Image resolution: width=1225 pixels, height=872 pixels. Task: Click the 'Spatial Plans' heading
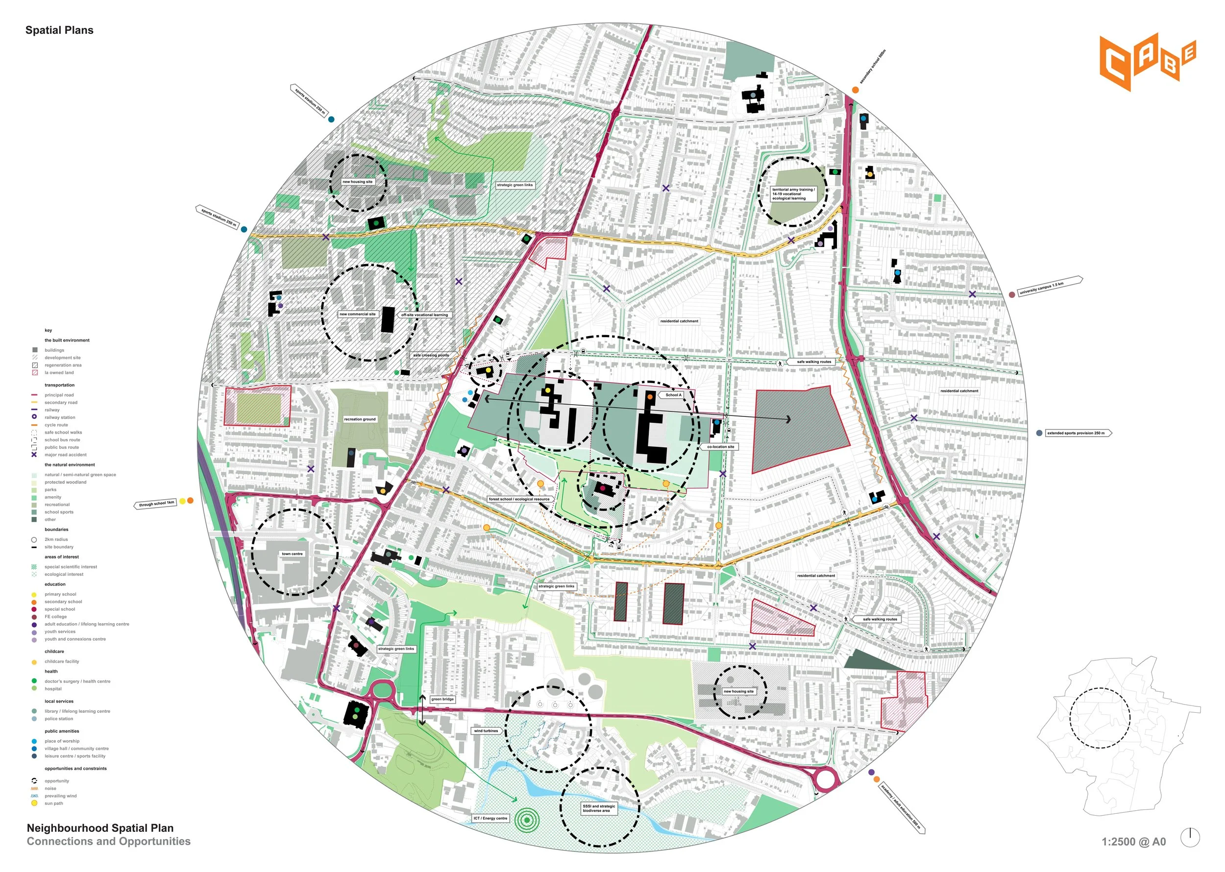[x=59, y=30]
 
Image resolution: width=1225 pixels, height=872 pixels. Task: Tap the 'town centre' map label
[x=292, y=554]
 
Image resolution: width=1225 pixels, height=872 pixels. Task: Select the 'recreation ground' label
[x=360, y=419]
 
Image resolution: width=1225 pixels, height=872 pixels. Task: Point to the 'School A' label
[x=673, y=395]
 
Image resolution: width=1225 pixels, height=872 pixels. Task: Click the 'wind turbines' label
[x=486, y=730]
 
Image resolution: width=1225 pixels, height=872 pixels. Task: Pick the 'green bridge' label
[x=442, y=699]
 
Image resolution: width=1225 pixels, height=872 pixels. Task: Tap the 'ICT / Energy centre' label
[x=490, y=818]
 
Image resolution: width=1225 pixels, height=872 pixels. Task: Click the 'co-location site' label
[x=720, y=446]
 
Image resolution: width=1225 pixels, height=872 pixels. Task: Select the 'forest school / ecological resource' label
[x=519, y=499]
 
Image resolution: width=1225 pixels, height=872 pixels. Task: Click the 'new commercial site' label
[x=357, y=314]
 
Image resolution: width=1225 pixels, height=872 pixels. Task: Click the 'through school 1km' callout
[x=156, y=504]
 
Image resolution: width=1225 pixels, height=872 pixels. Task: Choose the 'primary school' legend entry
[x=60, y=594]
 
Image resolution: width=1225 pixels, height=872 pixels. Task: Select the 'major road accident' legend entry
[x=65, y=455]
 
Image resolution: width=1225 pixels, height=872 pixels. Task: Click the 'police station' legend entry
[x=58, y=719]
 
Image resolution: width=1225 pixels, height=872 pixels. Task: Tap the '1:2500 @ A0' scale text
[x=1133, y=842]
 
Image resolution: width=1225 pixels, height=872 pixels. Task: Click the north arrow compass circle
[x=1190, y=838]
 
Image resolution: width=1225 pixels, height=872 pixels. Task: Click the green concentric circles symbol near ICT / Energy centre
[x=527, y=820]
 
